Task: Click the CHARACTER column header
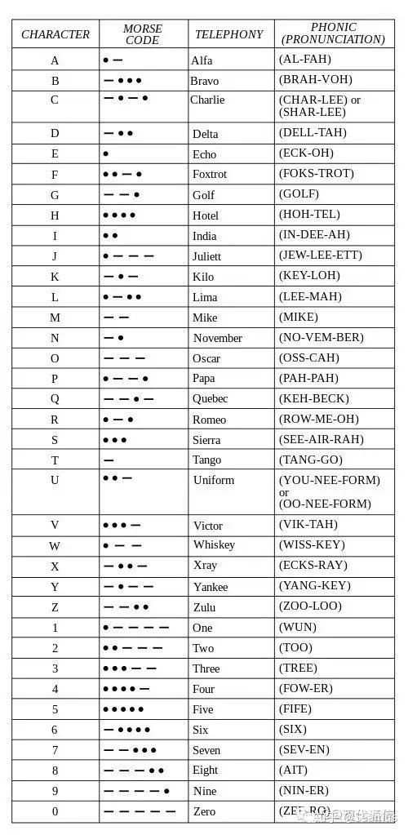[55, 34]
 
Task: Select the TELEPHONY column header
[229, 34]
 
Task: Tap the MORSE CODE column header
[143, 34]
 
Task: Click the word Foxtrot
[209, 174]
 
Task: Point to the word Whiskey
[214, 544]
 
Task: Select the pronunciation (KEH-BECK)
[314, 398]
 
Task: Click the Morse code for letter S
[115, 439]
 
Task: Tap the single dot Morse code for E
[106, 153]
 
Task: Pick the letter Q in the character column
[55, 399]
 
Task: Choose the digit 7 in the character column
[55, 750]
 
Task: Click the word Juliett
[207, 256]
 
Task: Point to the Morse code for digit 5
[123, 709]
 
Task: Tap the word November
[218, 338]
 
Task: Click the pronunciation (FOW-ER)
[306, 688]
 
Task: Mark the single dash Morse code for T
[109, 460]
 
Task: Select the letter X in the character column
[55, 566]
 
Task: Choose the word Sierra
[206, 440]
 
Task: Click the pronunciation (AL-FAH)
[305, 60]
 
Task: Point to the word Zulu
[204, 607]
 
